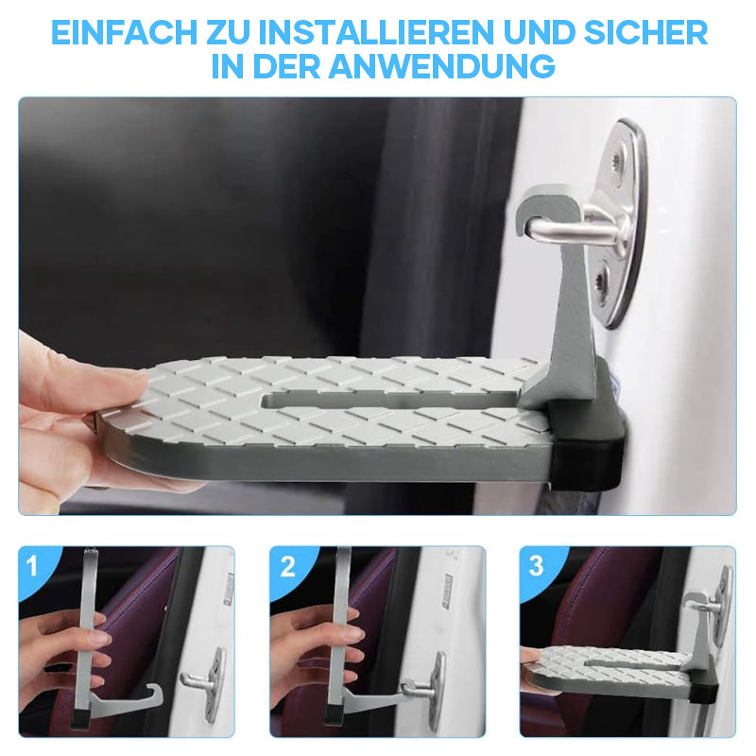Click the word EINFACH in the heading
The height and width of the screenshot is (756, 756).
(125, 32)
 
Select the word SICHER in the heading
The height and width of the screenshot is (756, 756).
(645, 32)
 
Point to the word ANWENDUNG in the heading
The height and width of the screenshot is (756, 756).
(442, 66)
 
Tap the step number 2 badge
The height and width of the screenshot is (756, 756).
(287, 566)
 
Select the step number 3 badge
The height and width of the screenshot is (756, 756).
(536, 565)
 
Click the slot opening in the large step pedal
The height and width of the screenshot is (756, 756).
(388, 401)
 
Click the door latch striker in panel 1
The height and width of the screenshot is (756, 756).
(204, 683)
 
